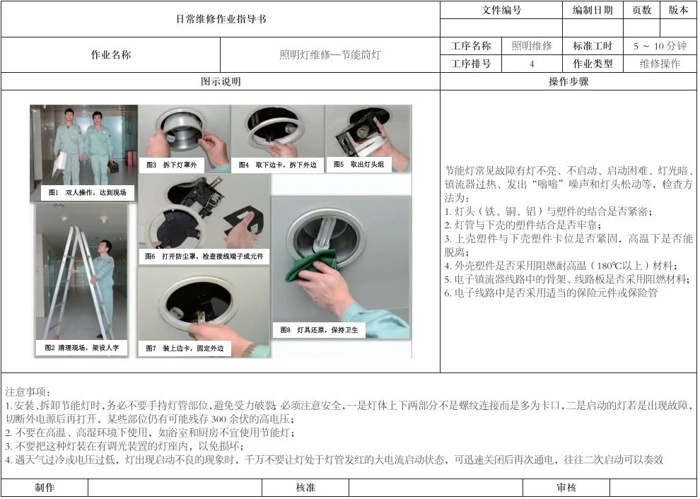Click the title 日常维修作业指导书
tap(221, 19)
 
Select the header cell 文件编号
tap(501, 10)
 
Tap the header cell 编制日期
tap(593, 10)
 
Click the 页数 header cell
tap(641, 10)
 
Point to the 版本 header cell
tap(678, 10)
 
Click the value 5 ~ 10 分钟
tap(660, 46)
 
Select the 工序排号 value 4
tap(531, 64)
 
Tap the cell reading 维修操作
tap(660, 64)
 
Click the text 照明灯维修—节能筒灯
tap(329, 54)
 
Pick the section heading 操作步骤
tap(568, 82)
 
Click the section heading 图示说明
tap(221, 82)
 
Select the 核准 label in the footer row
tap(305, 488)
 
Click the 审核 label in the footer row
tap(566, 488)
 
